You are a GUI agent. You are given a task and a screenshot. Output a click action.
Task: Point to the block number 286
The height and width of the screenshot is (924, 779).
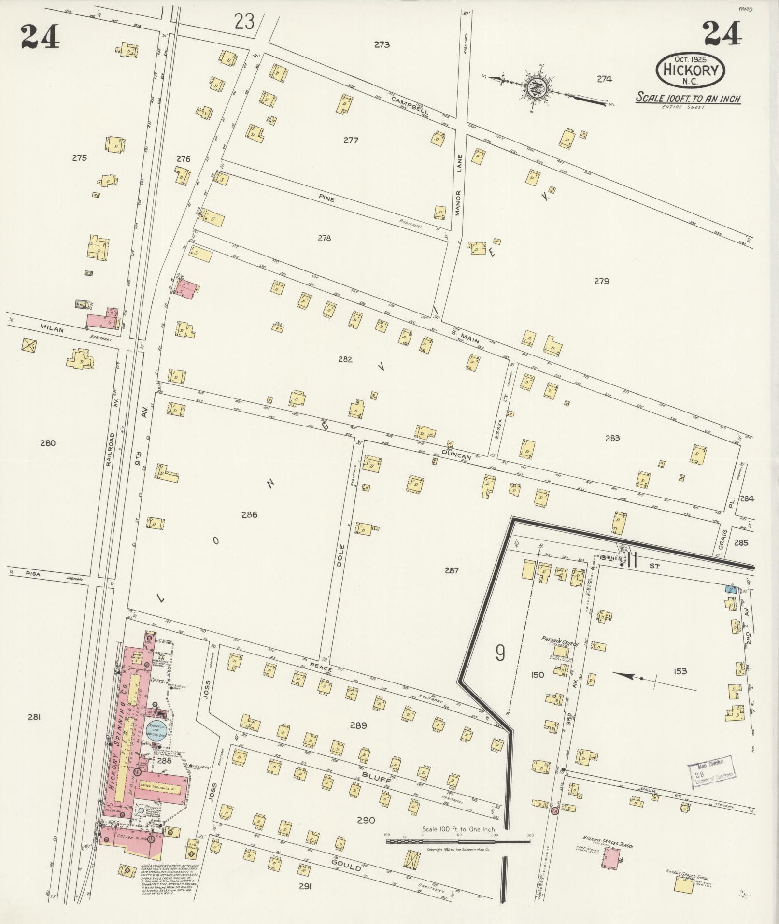point(249,515)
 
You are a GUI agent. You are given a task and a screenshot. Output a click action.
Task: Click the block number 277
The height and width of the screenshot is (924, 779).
point(351,141)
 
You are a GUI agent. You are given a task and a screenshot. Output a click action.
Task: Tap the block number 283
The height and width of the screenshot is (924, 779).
point(612,438)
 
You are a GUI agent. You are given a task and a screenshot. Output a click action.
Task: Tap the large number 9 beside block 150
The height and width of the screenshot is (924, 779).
point(500,654)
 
